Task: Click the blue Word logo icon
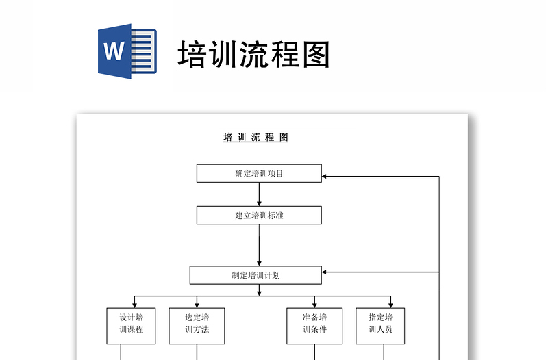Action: (127, 52)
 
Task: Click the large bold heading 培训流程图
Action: (253, 54)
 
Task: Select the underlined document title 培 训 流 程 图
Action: (256, 138)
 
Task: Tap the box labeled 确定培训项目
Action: (259, 174)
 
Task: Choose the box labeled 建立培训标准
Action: (259, 216)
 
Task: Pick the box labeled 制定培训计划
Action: (256, 275)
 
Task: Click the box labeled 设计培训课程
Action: (132, 326)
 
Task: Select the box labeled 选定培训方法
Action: (197, 326)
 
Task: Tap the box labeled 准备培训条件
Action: (314, 326)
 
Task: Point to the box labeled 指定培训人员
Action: (380, 326)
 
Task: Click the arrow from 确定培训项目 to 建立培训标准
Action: (259, 194)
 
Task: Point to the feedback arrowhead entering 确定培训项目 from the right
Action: (325, 177)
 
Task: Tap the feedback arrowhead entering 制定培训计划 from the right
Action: (325, 272)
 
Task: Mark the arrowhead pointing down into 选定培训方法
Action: (197, 305)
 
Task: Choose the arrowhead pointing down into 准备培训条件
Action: (314, 305)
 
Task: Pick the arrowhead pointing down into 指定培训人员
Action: (391, 305)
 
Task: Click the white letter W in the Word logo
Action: (114, 52)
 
